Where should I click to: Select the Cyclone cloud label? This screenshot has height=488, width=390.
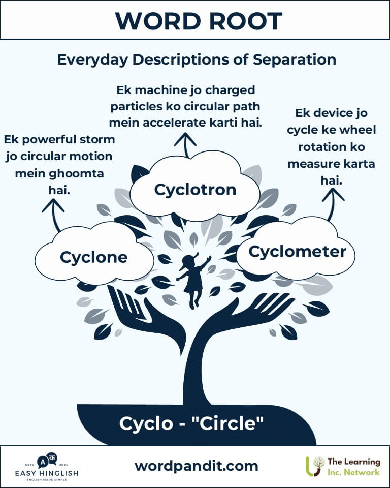(x=93, y=257)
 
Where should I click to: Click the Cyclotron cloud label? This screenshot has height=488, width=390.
(x=196, y=190)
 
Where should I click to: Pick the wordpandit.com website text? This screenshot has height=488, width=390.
(x=196, y=466)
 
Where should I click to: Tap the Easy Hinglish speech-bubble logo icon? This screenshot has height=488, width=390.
(x=45, y=460)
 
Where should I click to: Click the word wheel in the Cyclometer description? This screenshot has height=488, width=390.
(x=357, y=130)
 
